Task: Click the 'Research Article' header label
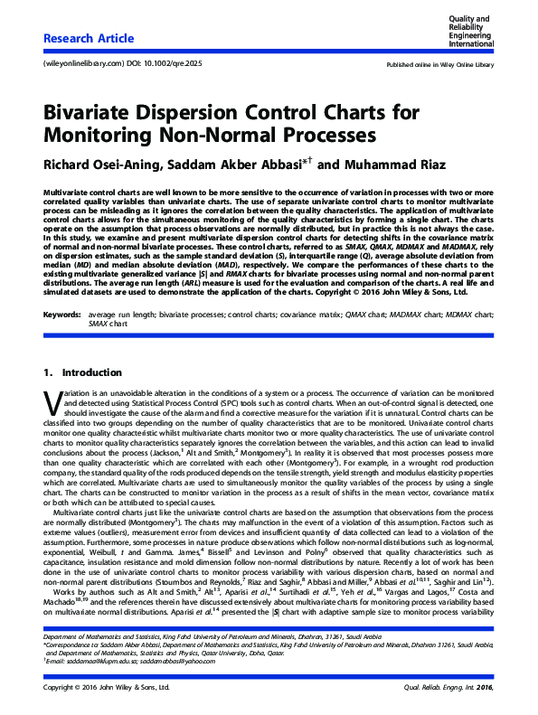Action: pyautogui.click(x=89, y=38)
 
